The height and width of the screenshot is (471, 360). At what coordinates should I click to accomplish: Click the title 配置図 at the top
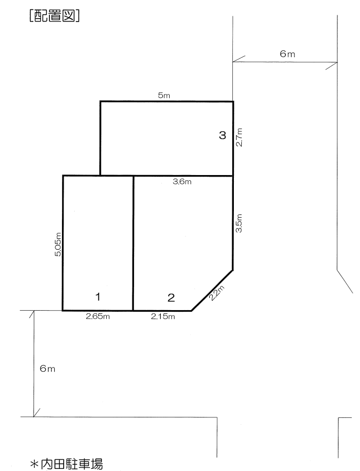[55, 16]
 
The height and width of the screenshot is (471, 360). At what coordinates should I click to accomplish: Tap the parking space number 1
[98, 297]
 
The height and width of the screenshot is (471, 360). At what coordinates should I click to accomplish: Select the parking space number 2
[171, 298]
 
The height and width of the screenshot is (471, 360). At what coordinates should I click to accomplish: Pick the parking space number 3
[222, 135]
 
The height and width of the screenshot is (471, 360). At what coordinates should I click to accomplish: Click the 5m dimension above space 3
[164, 96]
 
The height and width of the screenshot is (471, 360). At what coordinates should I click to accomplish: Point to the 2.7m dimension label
[239, 137]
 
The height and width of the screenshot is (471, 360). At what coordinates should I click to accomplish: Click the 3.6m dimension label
[182, 182]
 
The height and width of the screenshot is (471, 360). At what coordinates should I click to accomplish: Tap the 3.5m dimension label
[239, 223]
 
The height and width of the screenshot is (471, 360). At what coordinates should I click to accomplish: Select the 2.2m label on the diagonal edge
[217, 293]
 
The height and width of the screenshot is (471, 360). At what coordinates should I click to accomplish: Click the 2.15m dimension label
[163, 316]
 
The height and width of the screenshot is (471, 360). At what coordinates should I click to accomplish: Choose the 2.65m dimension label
[98, 316]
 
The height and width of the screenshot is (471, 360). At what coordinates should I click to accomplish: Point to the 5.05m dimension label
[58, 244]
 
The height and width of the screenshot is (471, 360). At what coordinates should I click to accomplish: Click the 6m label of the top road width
[287, 54]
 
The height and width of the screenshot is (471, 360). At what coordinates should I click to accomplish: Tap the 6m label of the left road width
[47, 368]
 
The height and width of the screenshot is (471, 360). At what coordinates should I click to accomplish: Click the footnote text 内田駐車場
[72, 464]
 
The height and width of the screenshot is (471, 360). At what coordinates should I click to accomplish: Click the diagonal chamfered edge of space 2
[212, 291]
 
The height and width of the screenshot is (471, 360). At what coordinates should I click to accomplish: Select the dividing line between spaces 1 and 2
[133, 243]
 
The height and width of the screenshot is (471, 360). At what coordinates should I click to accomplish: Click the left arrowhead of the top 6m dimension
[239, 59]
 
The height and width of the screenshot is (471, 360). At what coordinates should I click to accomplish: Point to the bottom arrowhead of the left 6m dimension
[36, 413]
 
